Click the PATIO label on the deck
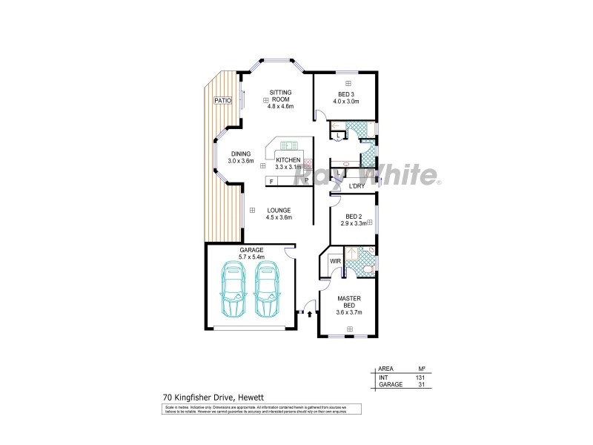[222, 100]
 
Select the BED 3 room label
[346, 94]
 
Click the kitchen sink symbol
[288, 145]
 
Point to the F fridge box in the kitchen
[271, 181]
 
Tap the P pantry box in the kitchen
[305, 181]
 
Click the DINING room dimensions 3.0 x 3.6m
[241, 161]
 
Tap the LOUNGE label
[279, 210]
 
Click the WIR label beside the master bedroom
[334, 261]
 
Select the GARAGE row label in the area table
[390, 385]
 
